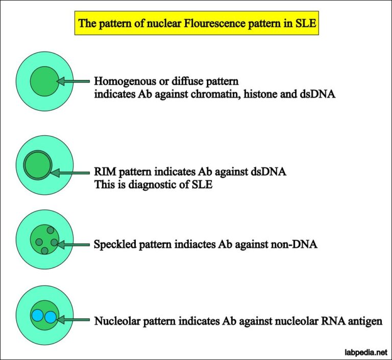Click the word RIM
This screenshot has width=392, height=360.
(x=106, y=172)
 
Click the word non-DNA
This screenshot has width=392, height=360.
(x=298, y=244)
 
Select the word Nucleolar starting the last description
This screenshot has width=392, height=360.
(x=116, y=321)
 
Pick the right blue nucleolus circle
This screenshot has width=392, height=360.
(x=50, y=317)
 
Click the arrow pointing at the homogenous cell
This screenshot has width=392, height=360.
(x=74, y=81)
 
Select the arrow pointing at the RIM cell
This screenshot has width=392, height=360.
(x=71, y=173)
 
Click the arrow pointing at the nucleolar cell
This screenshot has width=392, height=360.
(x=74, y=320)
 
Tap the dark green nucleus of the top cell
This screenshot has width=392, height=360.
(x=43, y=81)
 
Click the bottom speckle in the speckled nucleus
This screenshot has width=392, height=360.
(x=44, y=250)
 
